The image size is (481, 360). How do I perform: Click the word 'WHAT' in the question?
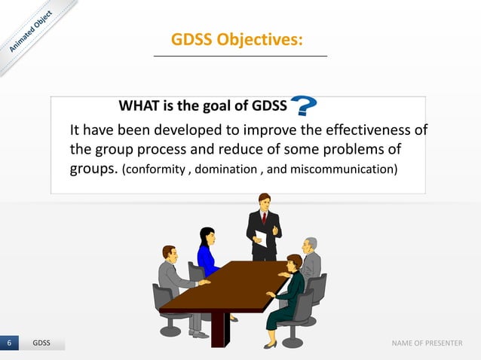(137, 105)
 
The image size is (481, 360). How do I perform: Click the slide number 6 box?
(9, 343)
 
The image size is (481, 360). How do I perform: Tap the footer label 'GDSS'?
(41, 343)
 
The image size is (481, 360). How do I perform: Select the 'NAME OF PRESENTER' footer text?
(427, 343)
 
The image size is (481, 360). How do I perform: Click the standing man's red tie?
(264, 218)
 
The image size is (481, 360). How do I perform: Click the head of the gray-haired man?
(309, 246)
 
